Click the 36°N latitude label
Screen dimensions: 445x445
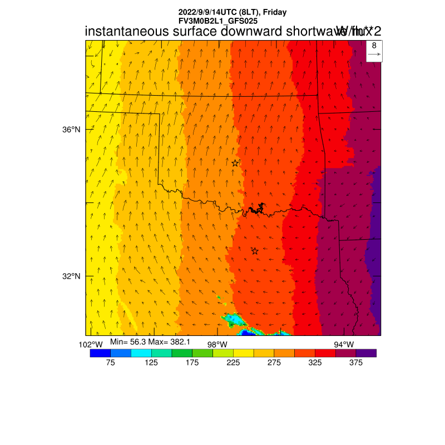coord(71,130)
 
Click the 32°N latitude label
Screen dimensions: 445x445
coord(71,276)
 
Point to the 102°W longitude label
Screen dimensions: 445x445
coord(91,344)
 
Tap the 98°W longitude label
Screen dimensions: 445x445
coord(217,344)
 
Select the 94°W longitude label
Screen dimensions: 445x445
coord(343,344)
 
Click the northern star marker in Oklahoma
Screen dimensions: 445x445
coord(235,163)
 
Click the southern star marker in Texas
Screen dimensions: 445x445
coord(255,251)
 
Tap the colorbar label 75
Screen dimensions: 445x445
coord(110,363)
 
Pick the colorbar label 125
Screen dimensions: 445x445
coord(151,363)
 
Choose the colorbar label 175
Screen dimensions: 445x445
coord(192,363)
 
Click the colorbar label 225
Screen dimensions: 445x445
coord(233,363)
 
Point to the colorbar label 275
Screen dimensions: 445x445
coord(274,363)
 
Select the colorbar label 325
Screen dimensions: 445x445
coord(315,363)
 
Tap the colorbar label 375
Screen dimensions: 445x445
coord(355,363)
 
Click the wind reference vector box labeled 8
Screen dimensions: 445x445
coord(374,50)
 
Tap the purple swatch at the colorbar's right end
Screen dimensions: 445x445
coord(366,353)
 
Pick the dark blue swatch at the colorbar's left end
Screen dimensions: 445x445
coord(100,353)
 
